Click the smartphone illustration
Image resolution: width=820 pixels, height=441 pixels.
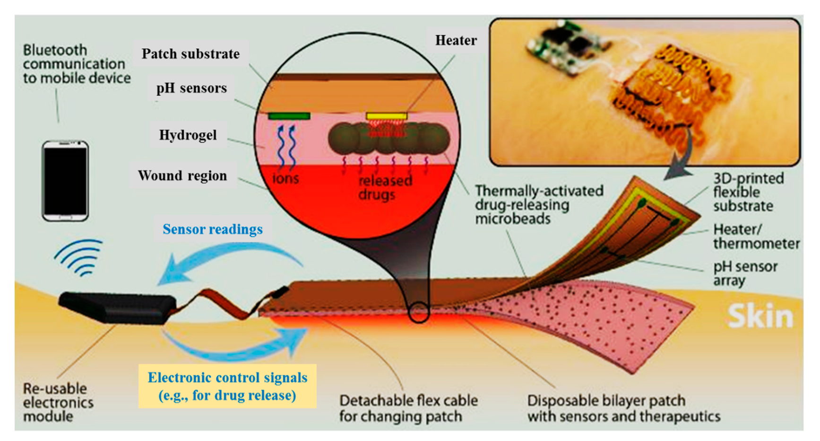tap(65, 180)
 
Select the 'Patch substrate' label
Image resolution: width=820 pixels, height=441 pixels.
tap(190, 54)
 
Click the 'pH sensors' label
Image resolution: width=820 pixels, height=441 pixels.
tap(191, 88)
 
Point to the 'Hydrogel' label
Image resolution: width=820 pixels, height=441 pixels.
tap(188, 135)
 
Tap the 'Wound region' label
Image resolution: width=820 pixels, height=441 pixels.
tap(182, 176)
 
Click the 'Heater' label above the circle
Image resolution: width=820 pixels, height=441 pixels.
tap(456, 41)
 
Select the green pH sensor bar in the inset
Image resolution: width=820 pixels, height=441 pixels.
tap(289, 116)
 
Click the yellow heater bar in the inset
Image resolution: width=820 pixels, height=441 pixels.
tap(386, 116)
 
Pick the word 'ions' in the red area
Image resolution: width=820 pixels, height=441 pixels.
tap(285, 179)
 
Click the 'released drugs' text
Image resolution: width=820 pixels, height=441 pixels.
tap(385, 187)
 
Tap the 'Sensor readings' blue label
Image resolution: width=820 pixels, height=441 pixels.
tap(213, 229)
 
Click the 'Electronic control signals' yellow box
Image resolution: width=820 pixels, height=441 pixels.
tap(227, 386)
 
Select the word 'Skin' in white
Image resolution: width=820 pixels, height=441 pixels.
tap(760, 316)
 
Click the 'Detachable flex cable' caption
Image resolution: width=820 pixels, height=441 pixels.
tap(408, 408)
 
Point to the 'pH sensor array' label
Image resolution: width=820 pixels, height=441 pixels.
tap(745, 273)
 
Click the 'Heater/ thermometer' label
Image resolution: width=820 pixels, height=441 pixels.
tap(756, 236)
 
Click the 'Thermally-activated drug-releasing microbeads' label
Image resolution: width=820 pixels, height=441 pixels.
tap(539, 204)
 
